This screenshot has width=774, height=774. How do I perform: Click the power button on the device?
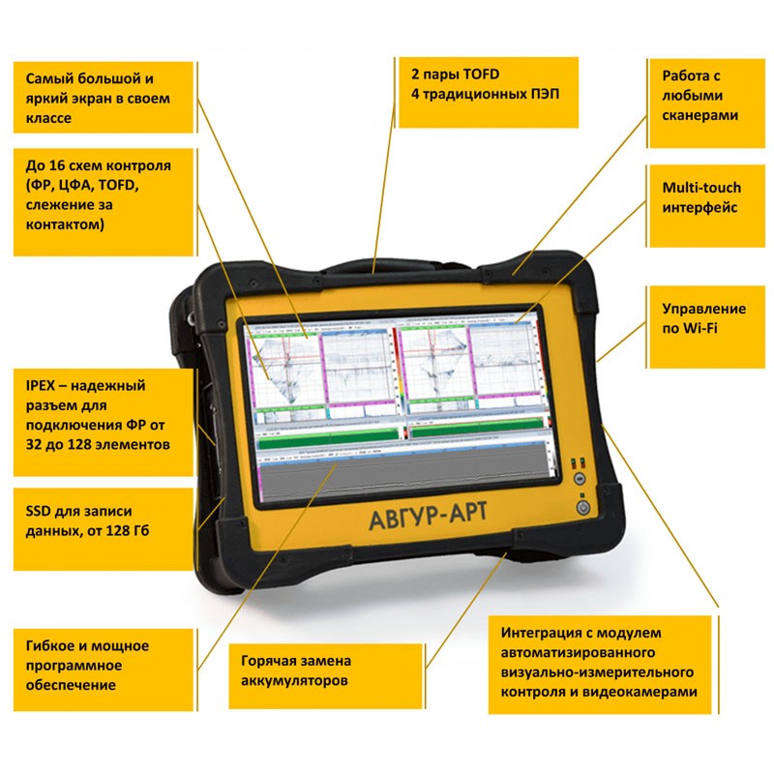pyautogui.click(x=582, y=505)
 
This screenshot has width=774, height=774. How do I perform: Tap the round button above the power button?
pyautogui.click(x=579, y=478)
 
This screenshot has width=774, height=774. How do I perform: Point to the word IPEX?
pyautogui.click(x=44, y=384)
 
